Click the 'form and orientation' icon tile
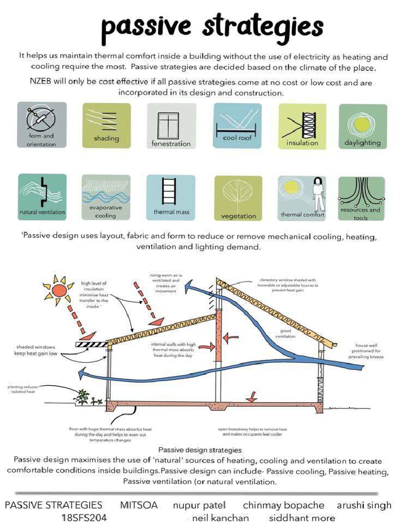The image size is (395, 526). coord(42,125)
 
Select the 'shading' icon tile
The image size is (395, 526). coord(106,125)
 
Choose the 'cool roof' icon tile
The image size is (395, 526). coord(237,125)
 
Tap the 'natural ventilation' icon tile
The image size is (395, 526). coord(42,197)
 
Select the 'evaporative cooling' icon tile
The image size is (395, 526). coord(106,197)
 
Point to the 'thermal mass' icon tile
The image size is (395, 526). coord(171,197)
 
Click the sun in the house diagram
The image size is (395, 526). coord(59,291)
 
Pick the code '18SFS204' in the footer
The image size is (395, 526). coord(84,518)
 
